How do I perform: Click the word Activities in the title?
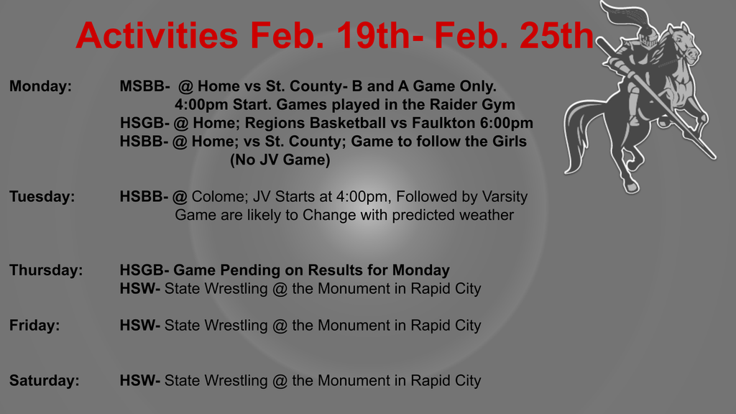tap(157, 35)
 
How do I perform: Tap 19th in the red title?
tap(374, 35)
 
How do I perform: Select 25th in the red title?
tap(557, 35)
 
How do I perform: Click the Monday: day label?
tap(40, 86)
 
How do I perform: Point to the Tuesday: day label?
tap(42, 196)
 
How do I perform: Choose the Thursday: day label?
tap(46, 270)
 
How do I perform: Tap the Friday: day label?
tap(34, 325)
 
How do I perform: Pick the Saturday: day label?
tap(44, 380)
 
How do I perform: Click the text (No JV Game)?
tap(280, 160)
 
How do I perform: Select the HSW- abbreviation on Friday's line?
tap(140, 325)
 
